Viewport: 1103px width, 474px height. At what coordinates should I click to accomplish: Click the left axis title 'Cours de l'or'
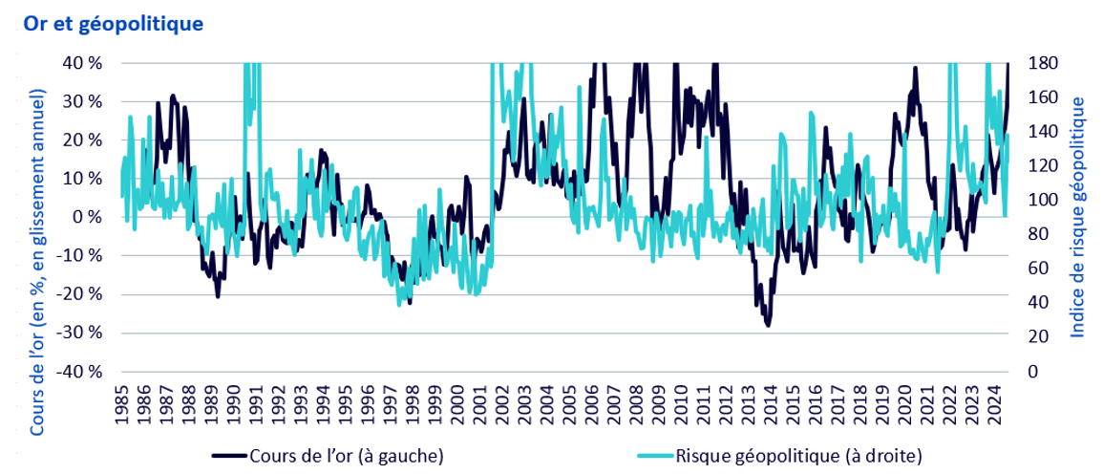tap(39, 224)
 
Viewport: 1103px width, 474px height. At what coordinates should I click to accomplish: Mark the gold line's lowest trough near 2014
tap(768, 325)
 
